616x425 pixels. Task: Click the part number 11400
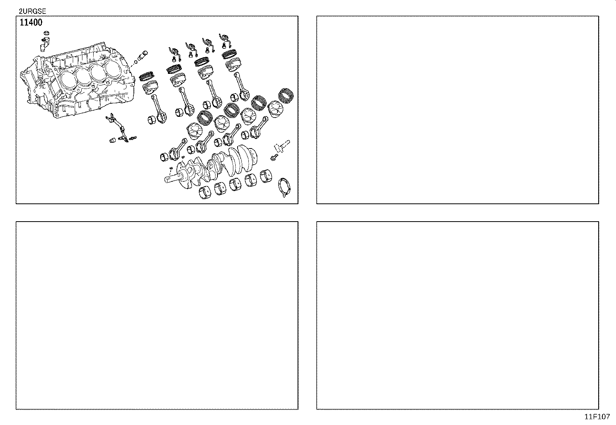31,22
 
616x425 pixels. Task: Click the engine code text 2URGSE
33,12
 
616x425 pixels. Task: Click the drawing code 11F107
597,417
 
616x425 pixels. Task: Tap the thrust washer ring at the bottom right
285,187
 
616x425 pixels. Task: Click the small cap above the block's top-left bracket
46,36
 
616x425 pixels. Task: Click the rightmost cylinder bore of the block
113,69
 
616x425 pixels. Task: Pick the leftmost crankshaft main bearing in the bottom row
205,192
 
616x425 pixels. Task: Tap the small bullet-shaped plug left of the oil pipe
113,140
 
